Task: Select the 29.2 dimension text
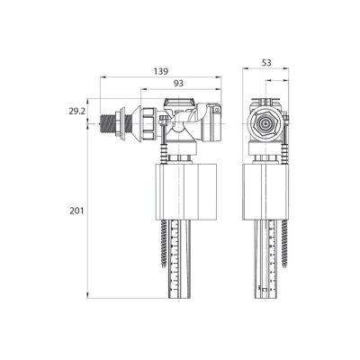[76, 112]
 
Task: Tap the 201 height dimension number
[76, 211]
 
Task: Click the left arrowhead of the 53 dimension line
[247, 70]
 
